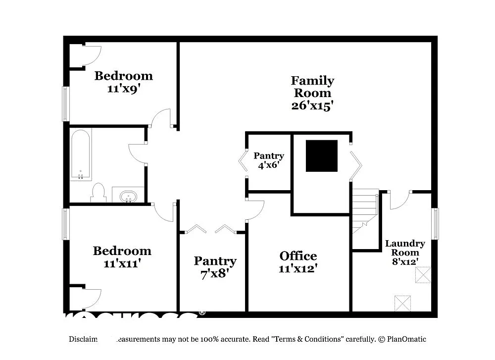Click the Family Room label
pos(312,87)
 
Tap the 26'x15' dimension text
pos(312,105)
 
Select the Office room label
pos(298,256)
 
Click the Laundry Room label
pos(405,248)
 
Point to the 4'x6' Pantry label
pos(269,160)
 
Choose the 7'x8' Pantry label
pos(215,267)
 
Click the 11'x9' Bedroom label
pos(123,82)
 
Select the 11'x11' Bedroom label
pos(122,257)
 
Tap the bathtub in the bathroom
pos(80,154)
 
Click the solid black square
pos(322,156)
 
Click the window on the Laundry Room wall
pos(435,224)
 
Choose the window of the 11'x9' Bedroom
pos(65,104)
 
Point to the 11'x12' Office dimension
pos(298,268)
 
